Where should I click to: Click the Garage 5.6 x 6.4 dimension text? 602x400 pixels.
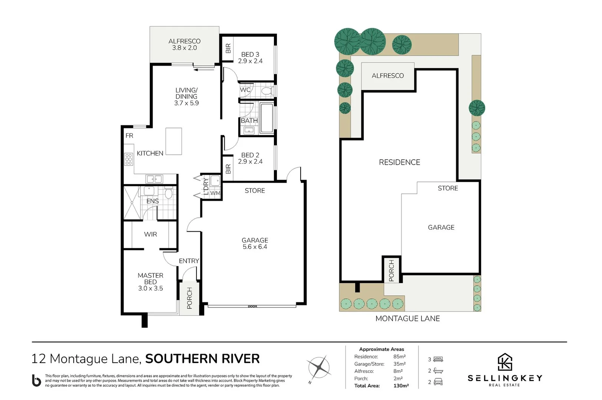255,247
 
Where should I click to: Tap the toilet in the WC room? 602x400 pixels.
267,91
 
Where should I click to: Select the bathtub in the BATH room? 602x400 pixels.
267,118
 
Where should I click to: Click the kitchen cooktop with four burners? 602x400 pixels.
128,159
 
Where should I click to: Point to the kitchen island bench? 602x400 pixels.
173,141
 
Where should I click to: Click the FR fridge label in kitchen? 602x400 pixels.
129,136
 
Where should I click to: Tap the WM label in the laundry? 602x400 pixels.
215,193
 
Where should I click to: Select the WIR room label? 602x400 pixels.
150,234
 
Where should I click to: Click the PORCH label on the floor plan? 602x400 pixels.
189,298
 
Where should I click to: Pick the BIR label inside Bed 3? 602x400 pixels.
228,49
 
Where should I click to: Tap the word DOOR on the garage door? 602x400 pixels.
252,307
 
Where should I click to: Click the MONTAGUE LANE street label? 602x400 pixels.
407,319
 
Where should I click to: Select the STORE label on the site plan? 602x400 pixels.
448,189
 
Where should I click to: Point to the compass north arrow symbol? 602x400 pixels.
319,367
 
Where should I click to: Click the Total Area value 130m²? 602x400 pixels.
401,386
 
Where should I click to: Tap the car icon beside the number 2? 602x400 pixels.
438,382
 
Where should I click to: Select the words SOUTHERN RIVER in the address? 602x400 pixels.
202,359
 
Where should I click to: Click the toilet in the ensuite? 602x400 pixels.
169,194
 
